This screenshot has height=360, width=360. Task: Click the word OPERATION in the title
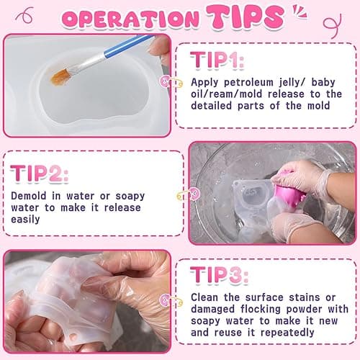(x=131, y=17)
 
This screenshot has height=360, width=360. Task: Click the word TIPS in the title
(x=246, y=16)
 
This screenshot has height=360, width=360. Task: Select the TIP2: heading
(x=40, y=174)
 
